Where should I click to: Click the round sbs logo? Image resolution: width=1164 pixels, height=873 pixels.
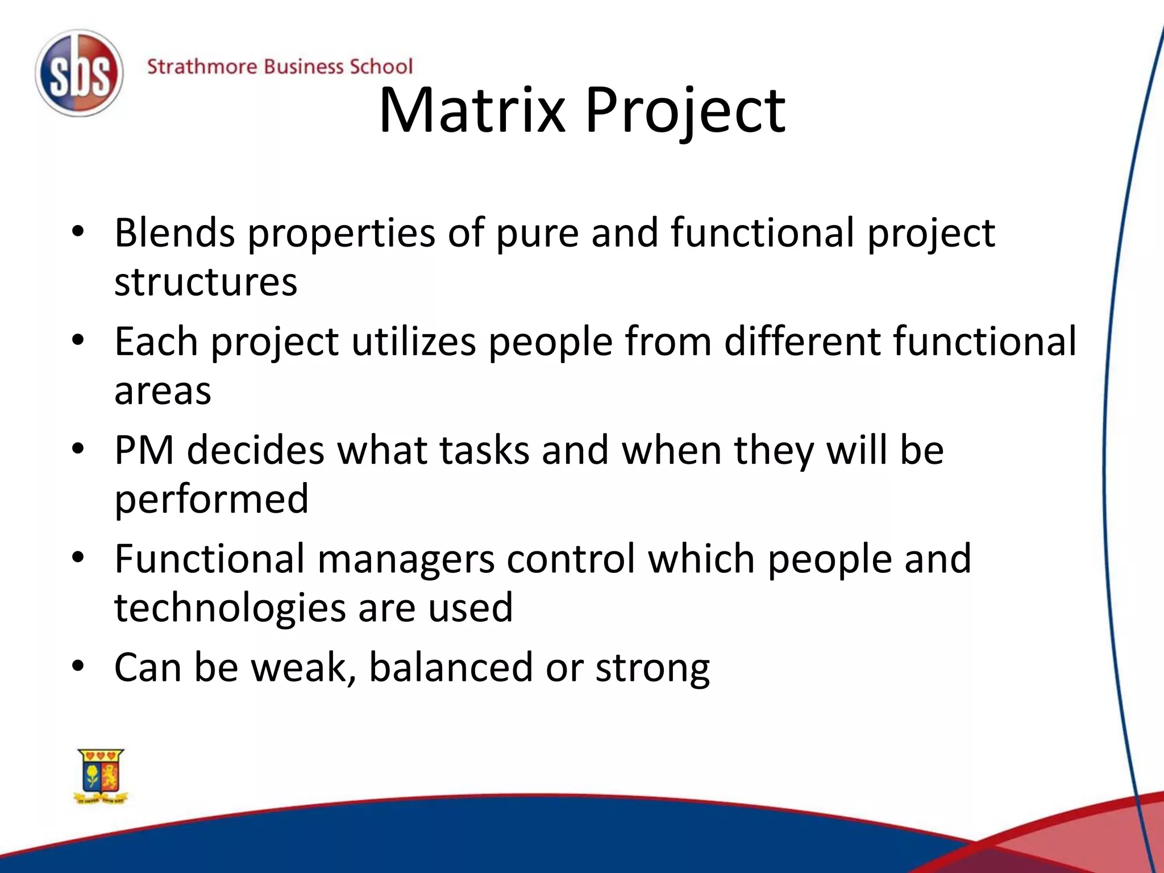point(79,74)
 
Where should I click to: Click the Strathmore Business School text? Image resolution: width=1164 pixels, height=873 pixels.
point(280,66)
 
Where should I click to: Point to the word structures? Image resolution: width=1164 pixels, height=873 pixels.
point(205,282)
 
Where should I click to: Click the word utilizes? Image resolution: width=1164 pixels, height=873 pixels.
point(413,342)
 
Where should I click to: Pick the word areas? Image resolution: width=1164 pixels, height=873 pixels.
point(163,391)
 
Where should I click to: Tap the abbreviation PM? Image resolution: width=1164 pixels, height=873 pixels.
point(144,450)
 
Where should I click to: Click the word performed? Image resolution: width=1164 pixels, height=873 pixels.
point(211,499)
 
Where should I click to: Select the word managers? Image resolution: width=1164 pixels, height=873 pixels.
point(406,559)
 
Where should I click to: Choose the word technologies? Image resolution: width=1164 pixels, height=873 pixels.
point(230,608)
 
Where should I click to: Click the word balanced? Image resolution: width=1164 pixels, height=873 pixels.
point(451,667)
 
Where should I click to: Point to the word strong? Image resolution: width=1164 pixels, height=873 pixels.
point(652,668)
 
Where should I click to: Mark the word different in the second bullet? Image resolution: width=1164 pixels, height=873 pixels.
point(802,342)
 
